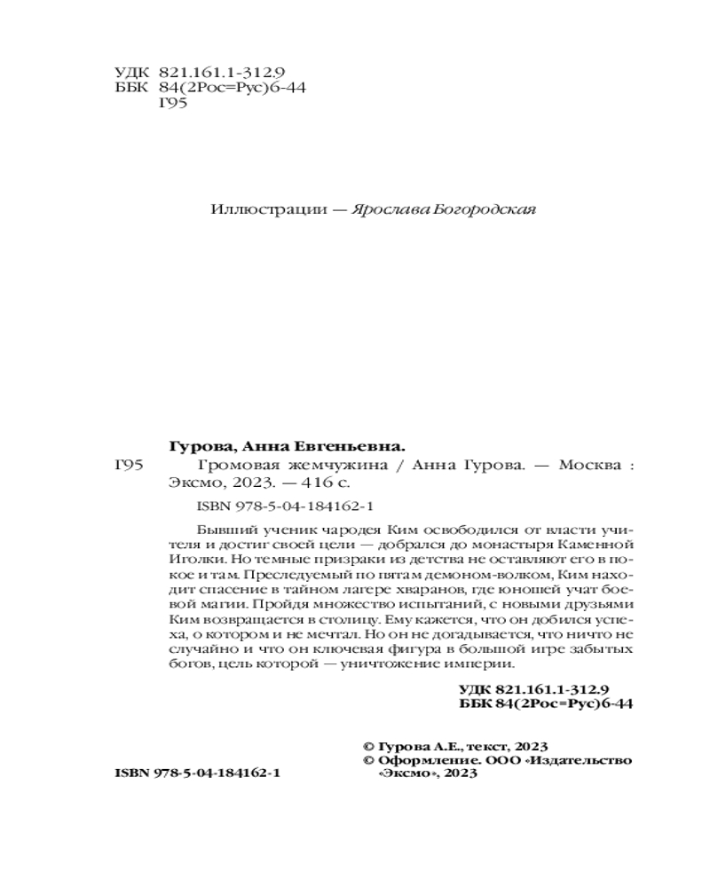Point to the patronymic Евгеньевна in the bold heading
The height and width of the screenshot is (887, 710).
[358, 445]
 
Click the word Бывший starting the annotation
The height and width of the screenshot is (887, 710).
[217, 524]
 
